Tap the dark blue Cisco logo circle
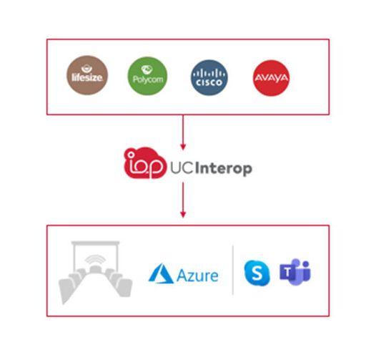(208, 77)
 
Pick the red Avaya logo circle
(270, 77)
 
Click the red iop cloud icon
(142, 163)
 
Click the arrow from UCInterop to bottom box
(184, 200)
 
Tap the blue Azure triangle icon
(159, 273)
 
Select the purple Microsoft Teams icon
(295, 273)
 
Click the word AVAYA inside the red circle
(270, 79)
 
